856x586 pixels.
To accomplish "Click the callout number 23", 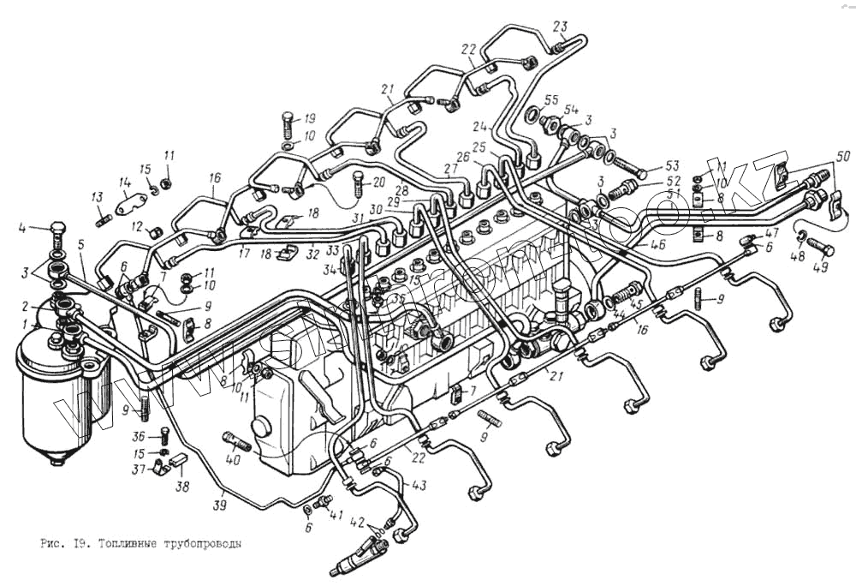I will click(559, 25).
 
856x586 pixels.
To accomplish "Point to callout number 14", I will click(124, 182).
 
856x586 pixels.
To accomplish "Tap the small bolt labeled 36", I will click(163, 438).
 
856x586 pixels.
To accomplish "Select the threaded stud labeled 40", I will click(238, 443).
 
